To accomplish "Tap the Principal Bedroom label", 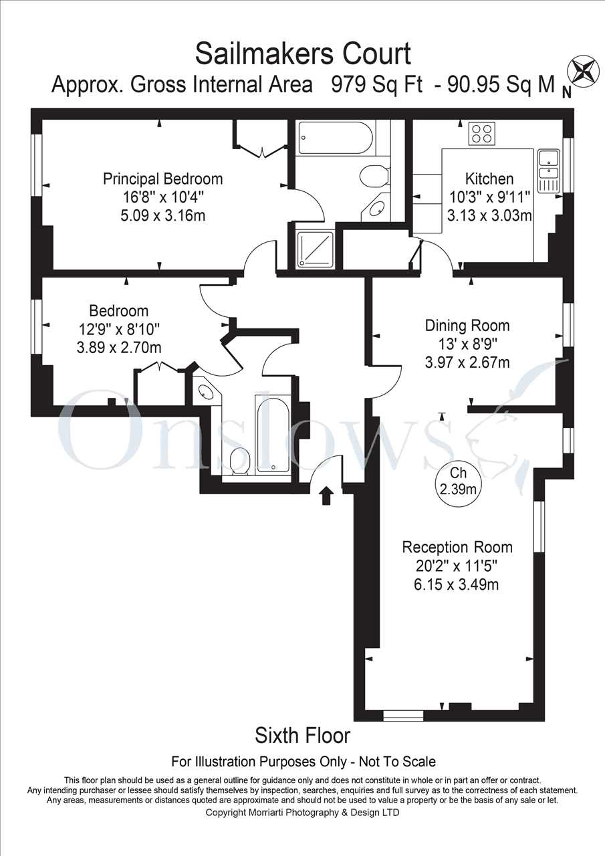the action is [162, 179].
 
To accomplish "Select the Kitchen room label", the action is [489, 179].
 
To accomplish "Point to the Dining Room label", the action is [467, 326].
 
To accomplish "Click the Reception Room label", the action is [457, 547].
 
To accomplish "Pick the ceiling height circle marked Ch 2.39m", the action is [458, 481].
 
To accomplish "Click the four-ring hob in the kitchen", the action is [482, 133].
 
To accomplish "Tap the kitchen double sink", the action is [548, 171].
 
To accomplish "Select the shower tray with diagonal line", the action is [316, 249].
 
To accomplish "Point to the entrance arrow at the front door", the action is [326, 496].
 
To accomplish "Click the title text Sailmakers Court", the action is [303, 54].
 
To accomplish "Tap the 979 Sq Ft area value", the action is [376, 84].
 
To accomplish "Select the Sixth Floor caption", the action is [302, 736].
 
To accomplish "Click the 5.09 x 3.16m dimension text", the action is [163, 215].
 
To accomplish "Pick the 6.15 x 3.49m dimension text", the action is [457, 584].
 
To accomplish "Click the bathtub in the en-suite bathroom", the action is [336, 138].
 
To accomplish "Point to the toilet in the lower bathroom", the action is [239, 461].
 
